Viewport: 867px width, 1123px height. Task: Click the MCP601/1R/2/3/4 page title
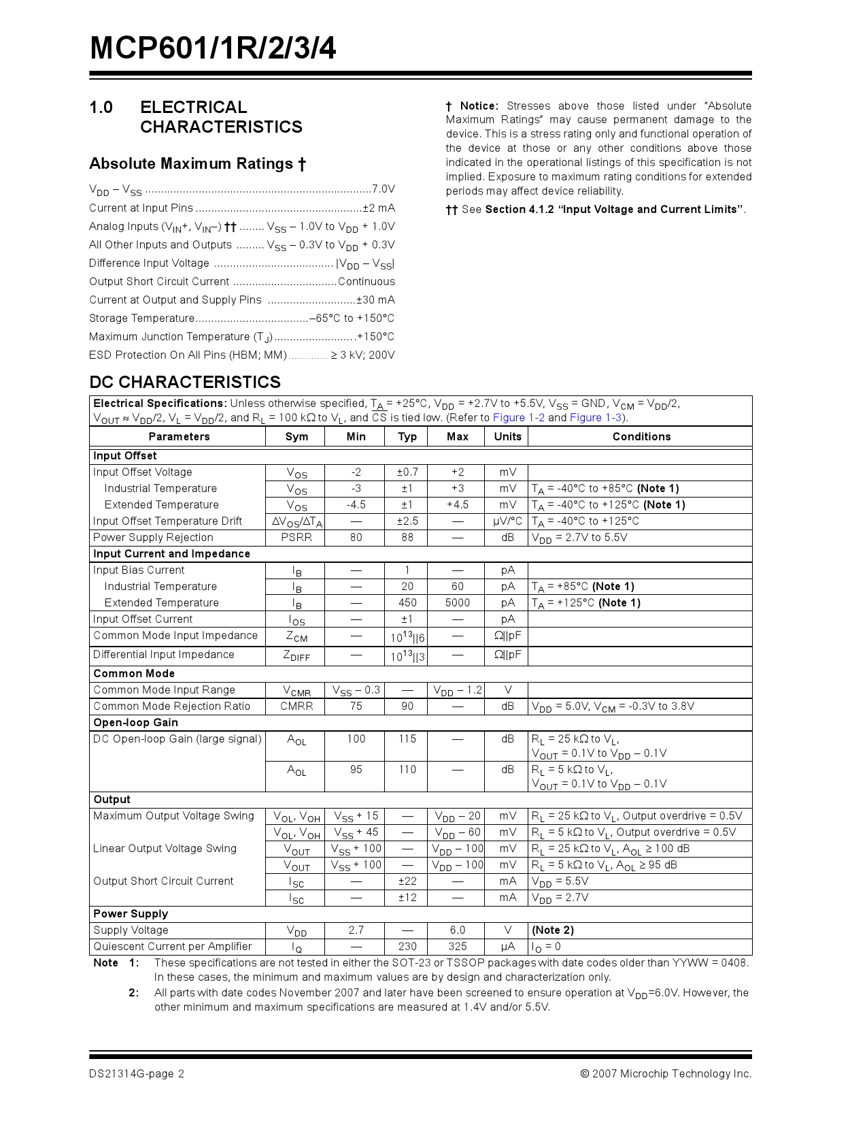point(213,48)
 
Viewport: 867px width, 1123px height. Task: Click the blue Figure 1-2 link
point(518,417)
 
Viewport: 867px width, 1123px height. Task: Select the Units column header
point(507,436)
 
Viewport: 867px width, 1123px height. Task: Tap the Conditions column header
point(641,436)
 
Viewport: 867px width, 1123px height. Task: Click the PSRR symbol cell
point(296,537)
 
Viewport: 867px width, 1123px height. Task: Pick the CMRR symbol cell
point(296,706)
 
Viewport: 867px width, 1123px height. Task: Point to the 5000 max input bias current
point(457,602)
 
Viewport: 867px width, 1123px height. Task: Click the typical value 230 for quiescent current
point(407,946)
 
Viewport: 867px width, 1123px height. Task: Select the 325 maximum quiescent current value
point(457,946)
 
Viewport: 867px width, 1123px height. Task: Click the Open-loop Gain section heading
point(135,722)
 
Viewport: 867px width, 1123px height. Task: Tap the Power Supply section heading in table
point(130,913)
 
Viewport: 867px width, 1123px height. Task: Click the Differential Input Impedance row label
point(163,654)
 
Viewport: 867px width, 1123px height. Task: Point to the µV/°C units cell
point(507,521)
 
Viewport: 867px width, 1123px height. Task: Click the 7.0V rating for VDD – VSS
point(383,189)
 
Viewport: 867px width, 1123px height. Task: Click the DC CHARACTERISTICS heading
point(185,382)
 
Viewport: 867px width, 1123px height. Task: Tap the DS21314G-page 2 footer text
point(136,1073)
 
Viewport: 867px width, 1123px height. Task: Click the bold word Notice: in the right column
point(479,105)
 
